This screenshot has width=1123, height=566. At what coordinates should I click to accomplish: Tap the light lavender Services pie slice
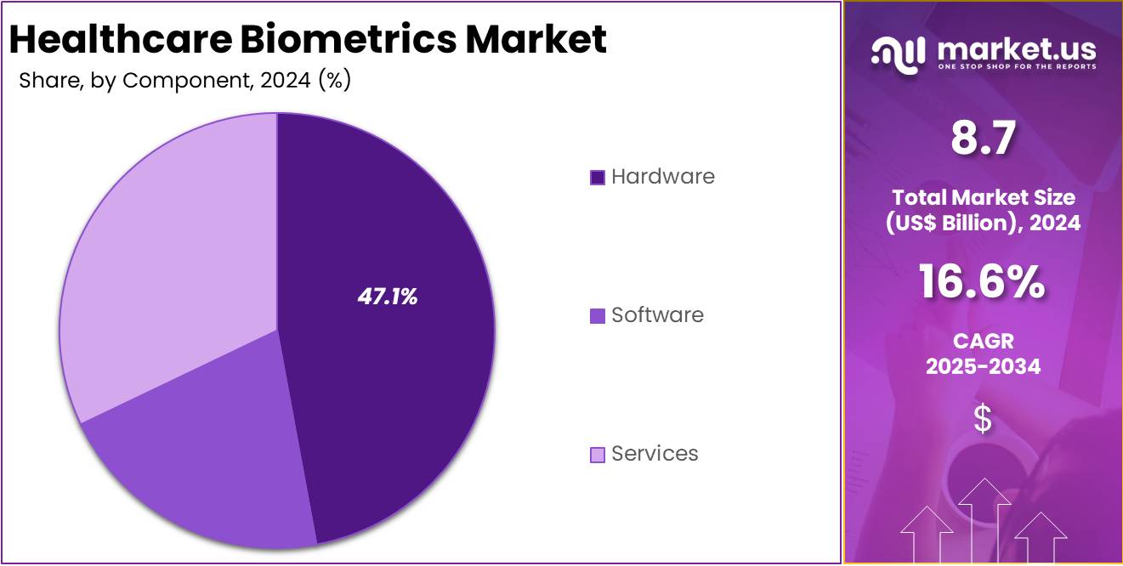162,255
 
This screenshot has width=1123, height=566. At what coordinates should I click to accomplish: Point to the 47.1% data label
387,297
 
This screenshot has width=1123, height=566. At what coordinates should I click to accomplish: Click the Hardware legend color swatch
598,177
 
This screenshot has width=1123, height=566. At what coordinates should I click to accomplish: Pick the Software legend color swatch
598,315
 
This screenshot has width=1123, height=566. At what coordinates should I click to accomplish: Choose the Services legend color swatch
598,455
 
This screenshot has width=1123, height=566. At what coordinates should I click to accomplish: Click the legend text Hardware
663,176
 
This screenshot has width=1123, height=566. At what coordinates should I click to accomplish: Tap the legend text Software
657,314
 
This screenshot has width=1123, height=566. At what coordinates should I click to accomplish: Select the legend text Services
655,454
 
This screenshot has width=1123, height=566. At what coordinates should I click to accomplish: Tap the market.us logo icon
898,53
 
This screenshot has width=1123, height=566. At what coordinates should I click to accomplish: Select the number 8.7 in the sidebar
982,139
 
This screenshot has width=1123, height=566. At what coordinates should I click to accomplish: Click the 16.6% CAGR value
982,281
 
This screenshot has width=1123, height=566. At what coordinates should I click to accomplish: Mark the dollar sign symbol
983,419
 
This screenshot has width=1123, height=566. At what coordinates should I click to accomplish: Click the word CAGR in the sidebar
983,342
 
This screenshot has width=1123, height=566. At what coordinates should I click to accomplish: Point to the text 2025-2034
983,366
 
